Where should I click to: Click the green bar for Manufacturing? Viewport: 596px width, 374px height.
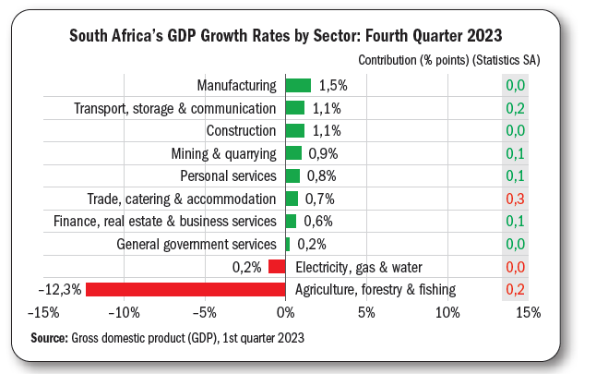coord(298,86)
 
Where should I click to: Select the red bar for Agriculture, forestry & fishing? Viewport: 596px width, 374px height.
coord(185,290)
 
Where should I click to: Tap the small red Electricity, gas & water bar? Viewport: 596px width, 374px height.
coord(277,268)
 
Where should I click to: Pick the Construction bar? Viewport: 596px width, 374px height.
coord(295,131)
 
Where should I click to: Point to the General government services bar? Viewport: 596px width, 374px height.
coord(288,245)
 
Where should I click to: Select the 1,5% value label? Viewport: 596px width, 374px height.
coord(333,86)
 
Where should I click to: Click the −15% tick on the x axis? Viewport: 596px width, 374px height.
coord(46,314)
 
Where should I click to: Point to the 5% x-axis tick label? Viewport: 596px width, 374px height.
coord(366,314)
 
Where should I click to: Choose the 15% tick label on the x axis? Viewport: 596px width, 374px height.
coord(527,314)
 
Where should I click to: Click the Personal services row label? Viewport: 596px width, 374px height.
coord(228,176)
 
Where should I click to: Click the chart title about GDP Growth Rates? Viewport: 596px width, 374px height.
coord(286,36)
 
